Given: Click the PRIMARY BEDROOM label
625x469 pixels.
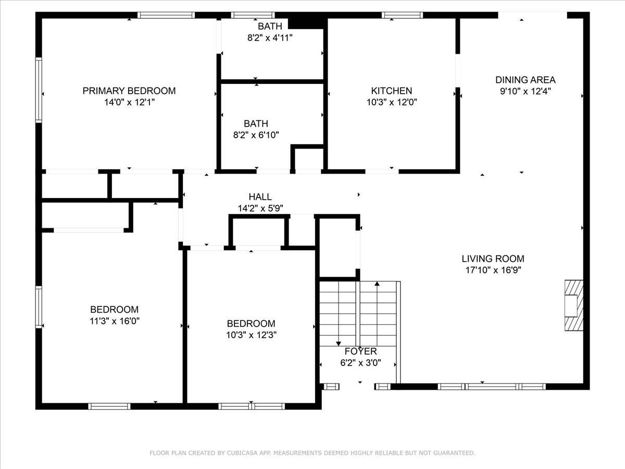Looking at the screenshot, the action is click(x=129, y=91).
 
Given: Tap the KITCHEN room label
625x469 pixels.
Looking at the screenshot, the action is click(x=392, y=91).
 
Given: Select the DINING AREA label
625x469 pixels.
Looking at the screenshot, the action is click(x=526, y=80).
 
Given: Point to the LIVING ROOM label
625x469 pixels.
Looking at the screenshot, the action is click(x=493, y=258).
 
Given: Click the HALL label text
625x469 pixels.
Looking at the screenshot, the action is click(x=260, y=197).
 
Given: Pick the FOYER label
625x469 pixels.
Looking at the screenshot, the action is click(x=360, y=351).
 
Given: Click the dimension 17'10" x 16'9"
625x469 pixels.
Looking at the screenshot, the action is click(x=493, y=270).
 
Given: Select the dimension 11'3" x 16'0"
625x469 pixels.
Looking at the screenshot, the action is click(x=115, y=321).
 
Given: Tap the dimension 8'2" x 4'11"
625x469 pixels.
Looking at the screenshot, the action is click(x=270, y=38).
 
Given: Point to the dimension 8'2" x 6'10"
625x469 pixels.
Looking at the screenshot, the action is click(x=256, y=134).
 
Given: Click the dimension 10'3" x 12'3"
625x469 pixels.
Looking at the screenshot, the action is click(x=251, y=335).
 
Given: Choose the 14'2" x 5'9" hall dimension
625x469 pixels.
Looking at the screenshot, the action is click(x=260, y=208).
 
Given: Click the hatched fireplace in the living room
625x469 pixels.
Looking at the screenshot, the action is click(x=574, y=305).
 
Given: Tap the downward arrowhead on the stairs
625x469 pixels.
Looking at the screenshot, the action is click(x=339, y=343).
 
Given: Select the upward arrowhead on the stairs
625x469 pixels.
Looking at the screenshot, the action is click(x=377, y=283).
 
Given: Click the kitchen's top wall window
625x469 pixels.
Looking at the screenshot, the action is click(x=402, y=15).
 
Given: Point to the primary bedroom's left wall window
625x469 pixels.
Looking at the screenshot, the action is click(x=39, y=90).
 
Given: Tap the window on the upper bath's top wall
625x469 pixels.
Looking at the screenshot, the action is click(x=253, y=15).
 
